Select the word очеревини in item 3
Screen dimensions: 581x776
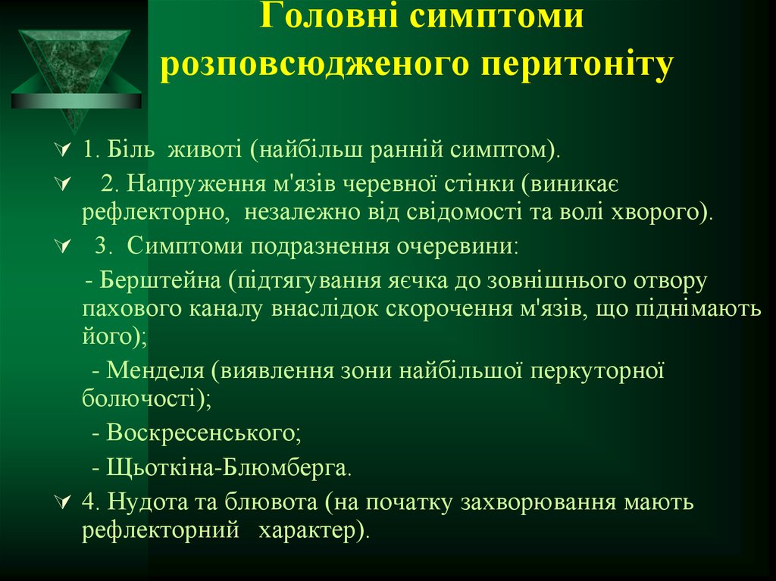(458, 245)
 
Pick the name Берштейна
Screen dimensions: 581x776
(158, 281)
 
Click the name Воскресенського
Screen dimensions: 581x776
(203, 433)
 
